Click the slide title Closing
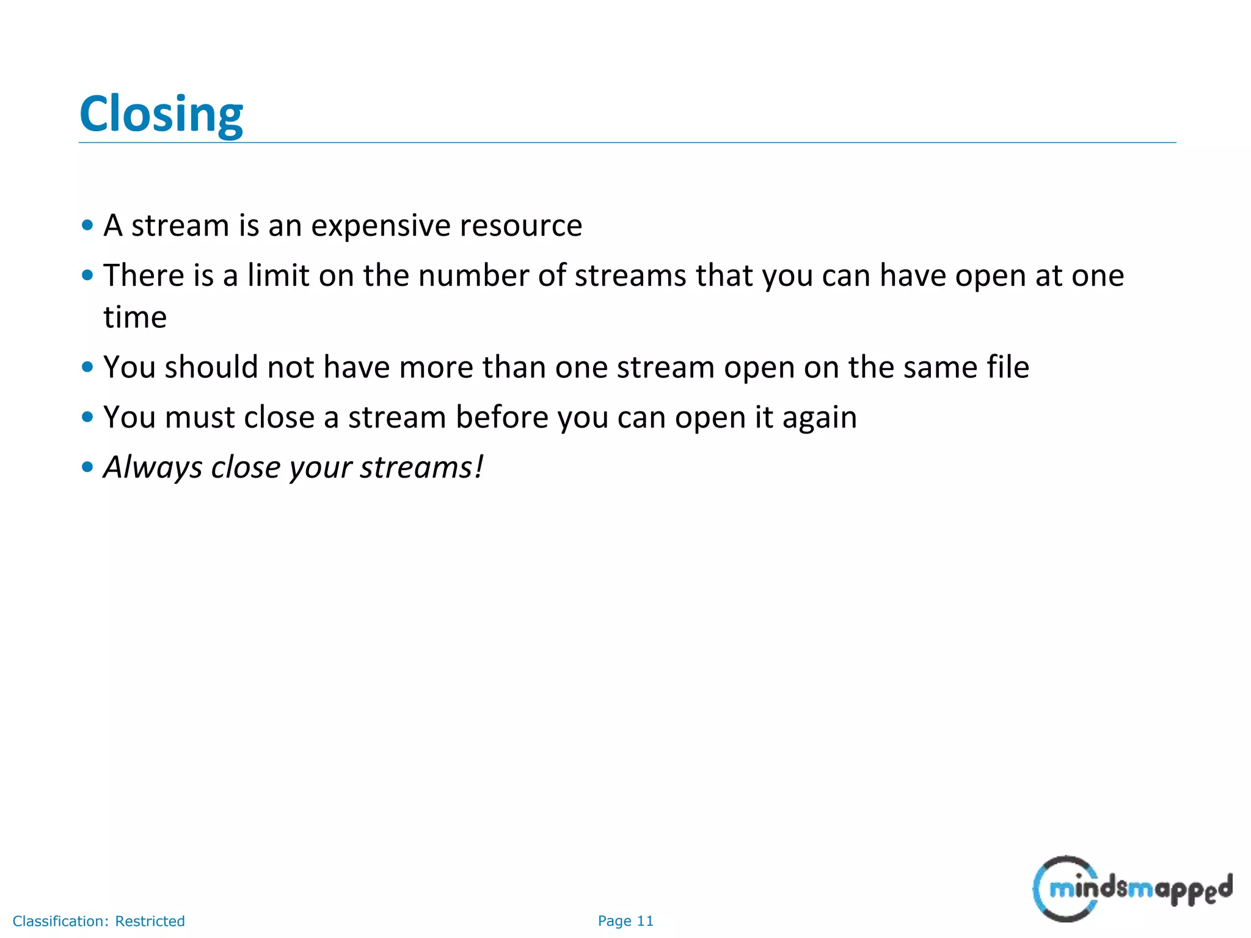pyautogui.click(x=161, y=114)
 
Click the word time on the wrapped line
pyautogui.click(x=135, y=318)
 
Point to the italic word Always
pyautogui.click(x=153, y=468)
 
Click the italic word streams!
pyautogui.click(x=421, y=468)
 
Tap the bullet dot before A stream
pyautogui.click(x=87, y=225)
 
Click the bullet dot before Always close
pyautogui.click(x=87, y=467)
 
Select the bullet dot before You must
pyautogui.click(x=87, y=417)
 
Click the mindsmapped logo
pyautogui.click(x=1131, y=889)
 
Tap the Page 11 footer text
pyautogui.click(x=625, y=921)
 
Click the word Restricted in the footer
pyautogui.click(x=150, y=921)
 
